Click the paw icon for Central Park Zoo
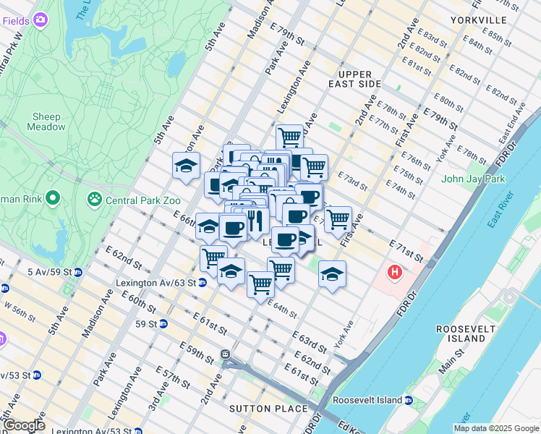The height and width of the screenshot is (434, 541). [x=95, y=198]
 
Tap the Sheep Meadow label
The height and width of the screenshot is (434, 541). [x=46, y=122]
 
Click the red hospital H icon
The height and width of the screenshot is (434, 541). [x=394, y=273]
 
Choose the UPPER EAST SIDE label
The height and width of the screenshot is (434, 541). [x=359, y=79]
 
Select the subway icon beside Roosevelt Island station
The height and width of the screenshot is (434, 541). [x=409, y=400]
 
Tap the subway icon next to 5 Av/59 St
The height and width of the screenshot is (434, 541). [x=78, y=272]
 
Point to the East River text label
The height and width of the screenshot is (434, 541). [x=502, y=210]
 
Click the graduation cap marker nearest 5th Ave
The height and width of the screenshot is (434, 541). [x=186, y=166]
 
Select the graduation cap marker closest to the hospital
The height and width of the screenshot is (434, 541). [x=332, y=274]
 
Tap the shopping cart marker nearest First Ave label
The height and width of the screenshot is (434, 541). [x=338, y=218]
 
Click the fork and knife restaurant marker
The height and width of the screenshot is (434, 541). [x=255, y=218]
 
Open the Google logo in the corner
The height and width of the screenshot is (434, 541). [x=23, y=425]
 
